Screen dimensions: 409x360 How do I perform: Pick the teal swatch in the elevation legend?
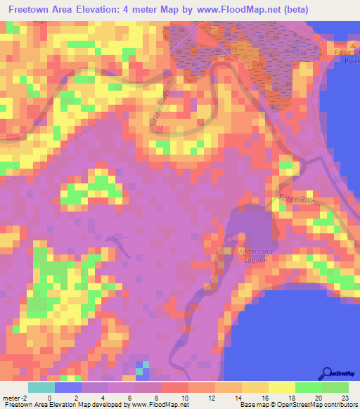[x=41, y=387]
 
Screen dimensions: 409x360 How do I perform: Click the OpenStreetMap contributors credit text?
[x=314, y=405]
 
